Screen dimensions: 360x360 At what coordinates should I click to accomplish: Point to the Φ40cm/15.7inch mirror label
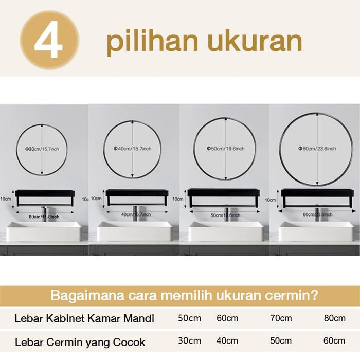coord(132,148)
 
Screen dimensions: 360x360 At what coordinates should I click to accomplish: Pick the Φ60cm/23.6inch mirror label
coord(317,148)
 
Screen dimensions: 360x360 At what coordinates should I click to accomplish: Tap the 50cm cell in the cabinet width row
coord(189,318)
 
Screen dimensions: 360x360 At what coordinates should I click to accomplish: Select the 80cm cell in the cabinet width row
coord(335,318)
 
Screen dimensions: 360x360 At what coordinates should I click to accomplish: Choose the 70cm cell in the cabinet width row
coord(281,318)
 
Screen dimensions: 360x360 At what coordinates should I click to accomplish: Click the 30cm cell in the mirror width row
coord(189,340)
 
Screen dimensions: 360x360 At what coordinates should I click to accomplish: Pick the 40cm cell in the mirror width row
coord(227,340)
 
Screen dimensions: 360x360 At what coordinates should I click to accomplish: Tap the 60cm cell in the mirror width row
coord(335,340)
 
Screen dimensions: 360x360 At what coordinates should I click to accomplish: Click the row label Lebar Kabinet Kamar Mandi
coord(84,318)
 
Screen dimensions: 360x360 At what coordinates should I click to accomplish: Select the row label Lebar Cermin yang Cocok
coord(80,341)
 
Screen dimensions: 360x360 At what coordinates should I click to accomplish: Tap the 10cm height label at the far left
coord(6,198)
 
